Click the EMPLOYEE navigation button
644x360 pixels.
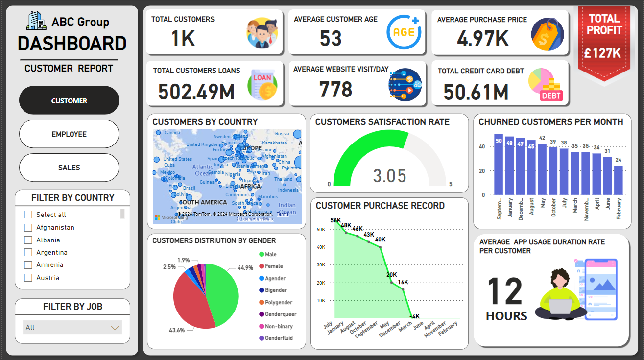69,134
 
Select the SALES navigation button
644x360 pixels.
69,168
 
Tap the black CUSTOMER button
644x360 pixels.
69,100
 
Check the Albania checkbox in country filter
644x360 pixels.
28,240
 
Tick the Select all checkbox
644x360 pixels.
28,215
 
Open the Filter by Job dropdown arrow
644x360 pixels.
115,328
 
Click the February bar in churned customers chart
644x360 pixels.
619,180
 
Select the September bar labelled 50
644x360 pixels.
499,164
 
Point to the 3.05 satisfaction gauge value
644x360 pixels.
390,175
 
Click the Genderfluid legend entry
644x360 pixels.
278,338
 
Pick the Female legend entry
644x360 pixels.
273,266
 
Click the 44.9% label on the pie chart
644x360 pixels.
245,268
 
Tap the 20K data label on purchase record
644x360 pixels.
391,275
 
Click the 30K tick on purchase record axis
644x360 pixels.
321,265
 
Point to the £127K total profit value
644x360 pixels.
604,53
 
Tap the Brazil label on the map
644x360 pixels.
189,188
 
